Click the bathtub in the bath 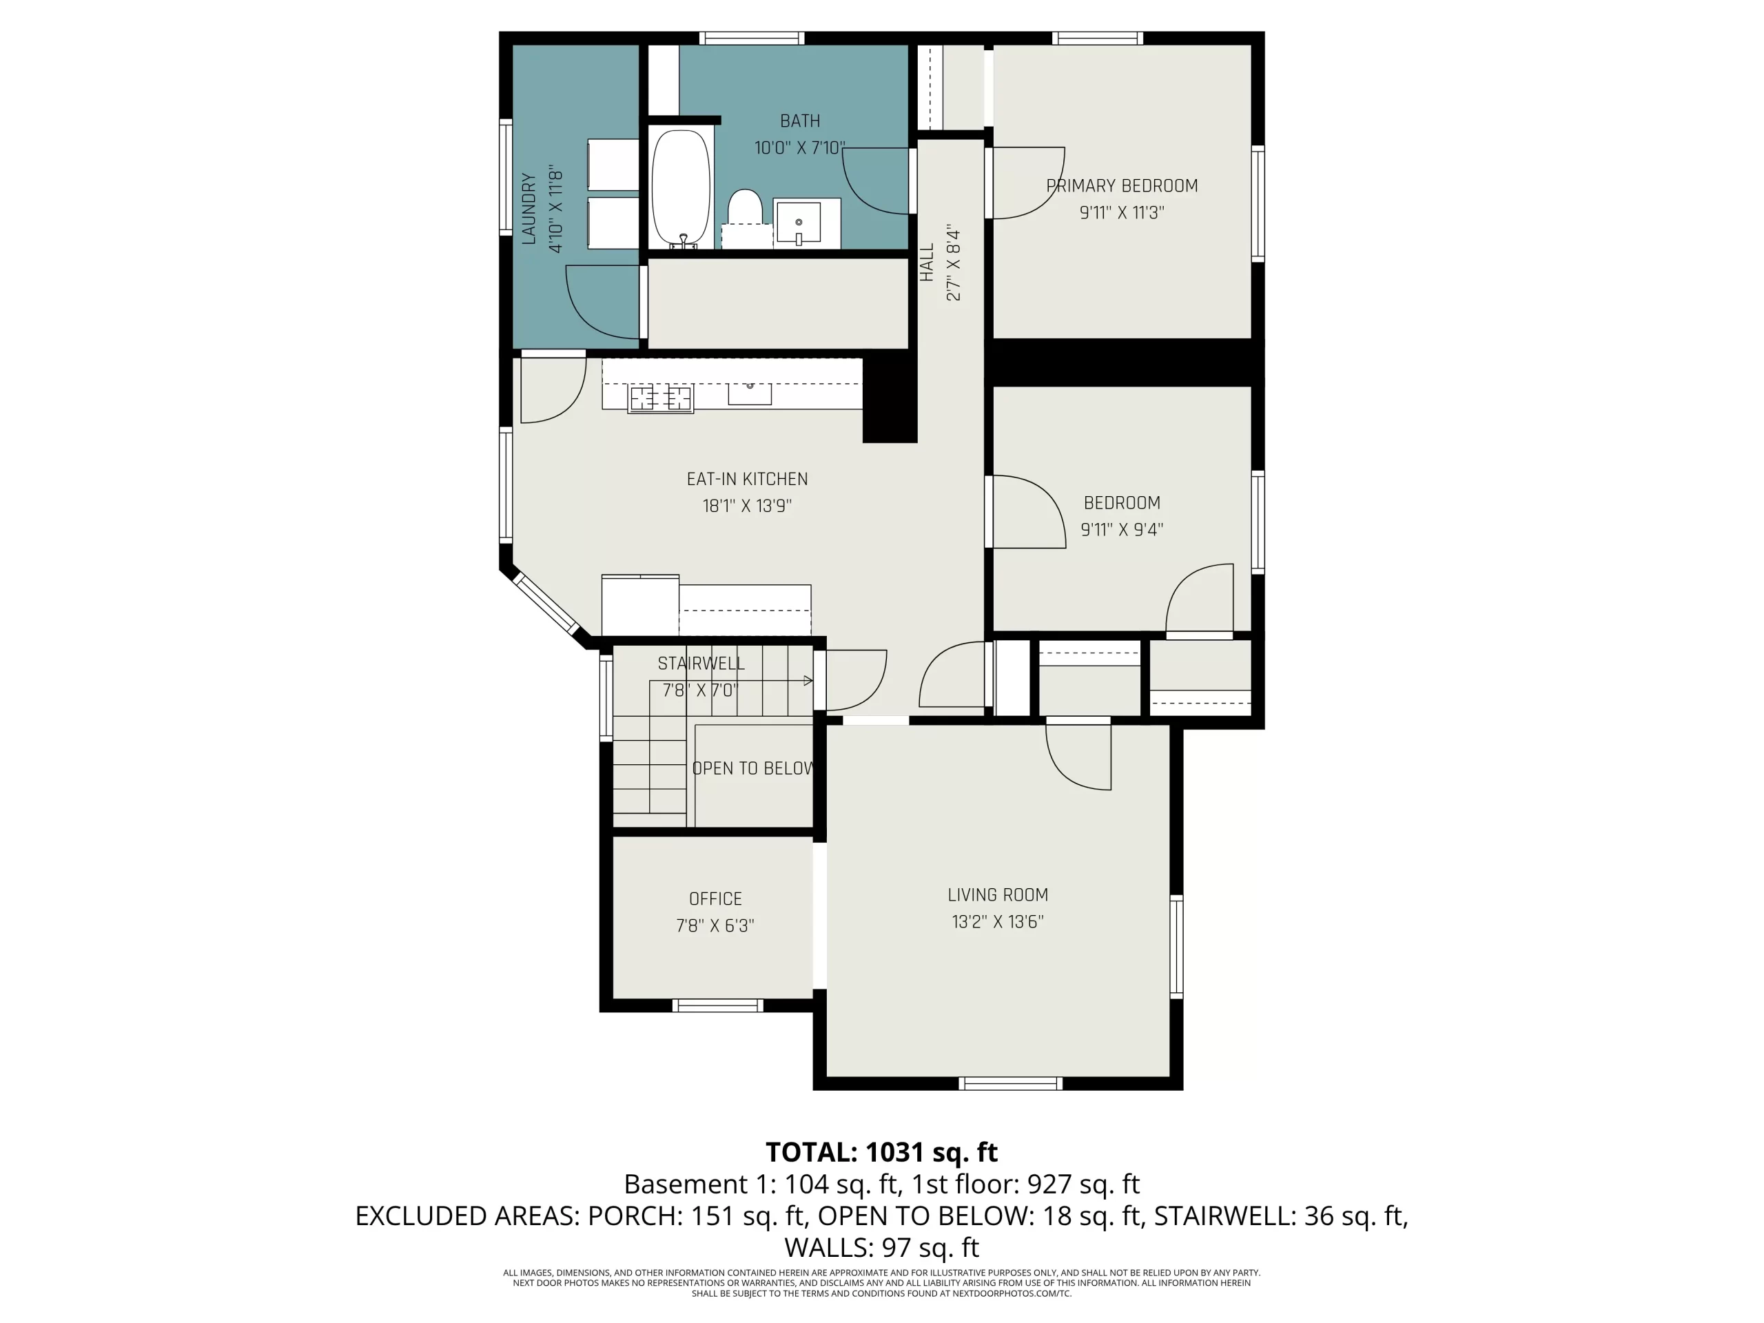pyautogui.click(x=680, y=188)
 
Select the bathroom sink pyautogui.click(x=798, y=223)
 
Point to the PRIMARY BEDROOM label pyautogui.click(x=1121, y=186)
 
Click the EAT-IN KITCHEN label pyautogui.click(x=747, y=480)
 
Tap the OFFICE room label pyautogui.click(x=715, y=899)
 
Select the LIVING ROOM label pyautogui.click(x=998, y=895)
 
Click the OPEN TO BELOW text pyautogui.click(x=753, y=768)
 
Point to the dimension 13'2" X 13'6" pyautogui.click(x=998, y=922)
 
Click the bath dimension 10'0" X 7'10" pyautogui.click(x=800, y=147)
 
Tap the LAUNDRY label pyautogui.click(x=529, y=208)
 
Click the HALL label pyautogui.click(x=927, y=263)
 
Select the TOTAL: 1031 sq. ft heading pyautogui.click(x=881, y=1151)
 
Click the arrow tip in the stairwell pyautogui.click(x=812, y=680)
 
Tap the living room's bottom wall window pyautogui.click(x=1010, y=1083)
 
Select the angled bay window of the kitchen pyautogui.click(x=546, y=603)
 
